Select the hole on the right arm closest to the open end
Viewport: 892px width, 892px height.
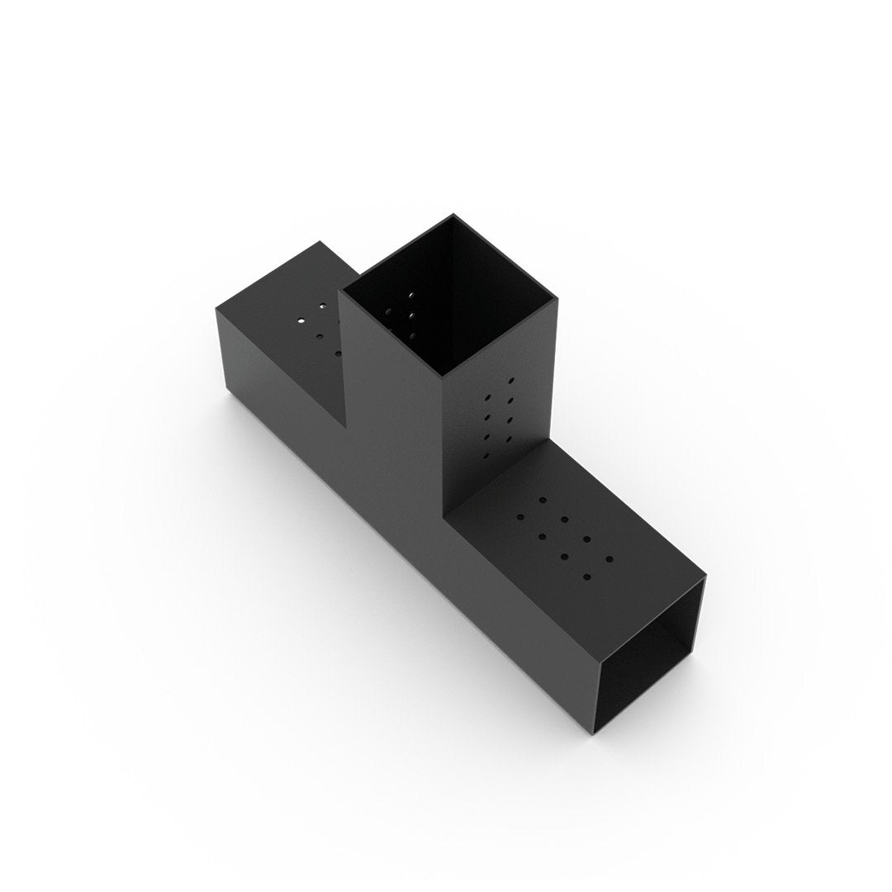coord(610,558)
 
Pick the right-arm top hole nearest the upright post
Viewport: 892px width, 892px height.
coord(543,500)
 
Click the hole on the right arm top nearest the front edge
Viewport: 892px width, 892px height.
coord(587,576)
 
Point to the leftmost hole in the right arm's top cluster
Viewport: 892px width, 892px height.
coord(520,518)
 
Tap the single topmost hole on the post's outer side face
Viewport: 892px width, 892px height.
coord(511,381)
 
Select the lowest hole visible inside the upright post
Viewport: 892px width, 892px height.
coord(411,336)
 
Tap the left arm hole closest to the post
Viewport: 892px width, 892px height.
coord(338,353)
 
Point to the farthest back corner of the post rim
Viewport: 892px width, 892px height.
coord(453,215)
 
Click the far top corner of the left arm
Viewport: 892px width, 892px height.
coord(320,241)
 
